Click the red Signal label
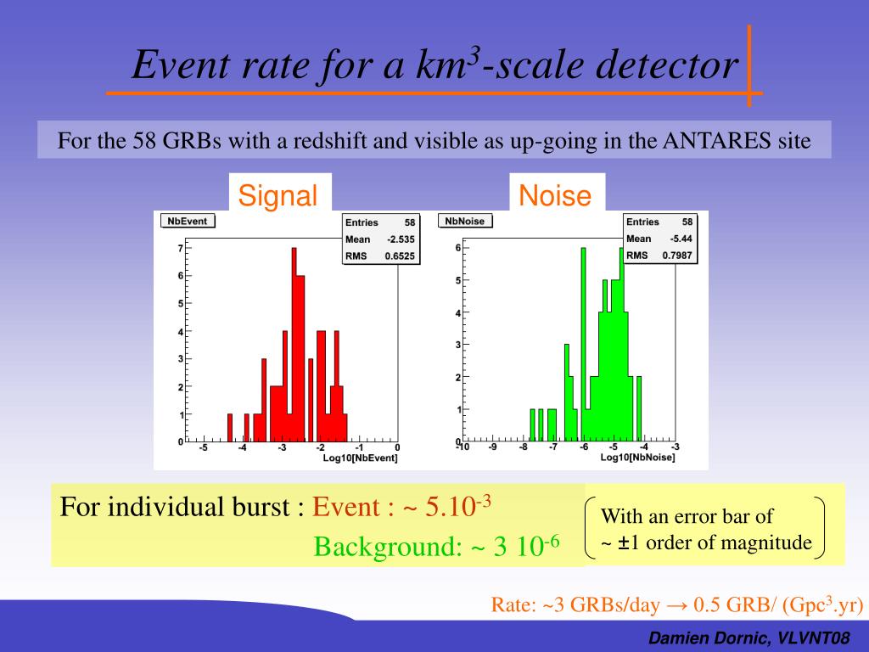278,196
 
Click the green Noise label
555,196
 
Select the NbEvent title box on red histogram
188,221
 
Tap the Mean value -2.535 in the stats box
401,239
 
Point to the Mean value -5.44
681,239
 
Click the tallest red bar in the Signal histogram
294,340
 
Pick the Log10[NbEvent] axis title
360,458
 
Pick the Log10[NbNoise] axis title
637,458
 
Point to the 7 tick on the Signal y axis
180,249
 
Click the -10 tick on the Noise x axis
462,447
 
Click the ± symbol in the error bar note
624,542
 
